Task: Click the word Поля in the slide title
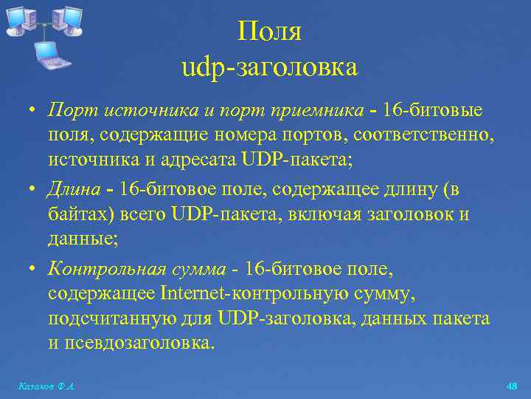[269, 32]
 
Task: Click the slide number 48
[513, 386]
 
